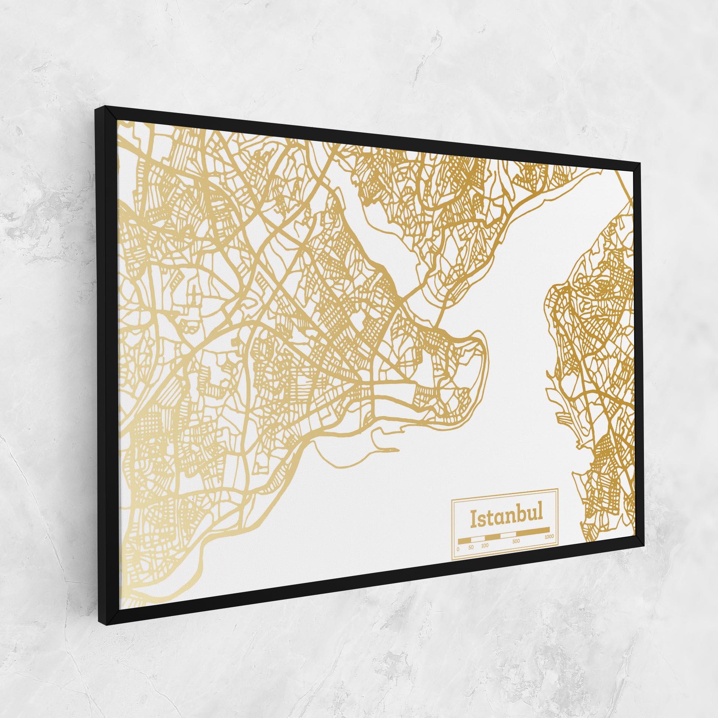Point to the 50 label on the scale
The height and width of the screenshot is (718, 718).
click(x=470, y=547)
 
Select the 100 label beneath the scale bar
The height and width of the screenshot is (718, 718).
click(x=485, y=546)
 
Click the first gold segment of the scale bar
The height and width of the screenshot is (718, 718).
click(x=464, y=541)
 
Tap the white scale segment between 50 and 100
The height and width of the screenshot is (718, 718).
click(x=478, y=539)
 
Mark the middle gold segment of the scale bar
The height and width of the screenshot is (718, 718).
click(x=492, y=537)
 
